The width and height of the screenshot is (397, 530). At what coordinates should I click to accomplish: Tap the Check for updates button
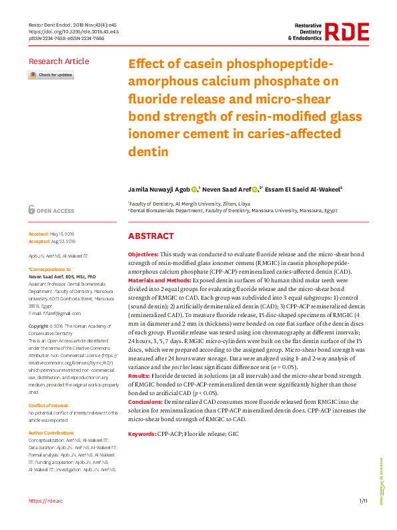tap(51, 75)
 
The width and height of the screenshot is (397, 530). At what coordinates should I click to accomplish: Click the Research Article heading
tap(59, 61)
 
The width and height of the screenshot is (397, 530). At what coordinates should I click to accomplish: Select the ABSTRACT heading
tap(151, 236)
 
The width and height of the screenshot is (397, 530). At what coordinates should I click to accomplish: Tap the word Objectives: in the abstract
tap(143, 255)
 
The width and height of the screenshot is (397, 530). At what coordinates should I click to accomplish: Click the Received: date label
tap(40, 234)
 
